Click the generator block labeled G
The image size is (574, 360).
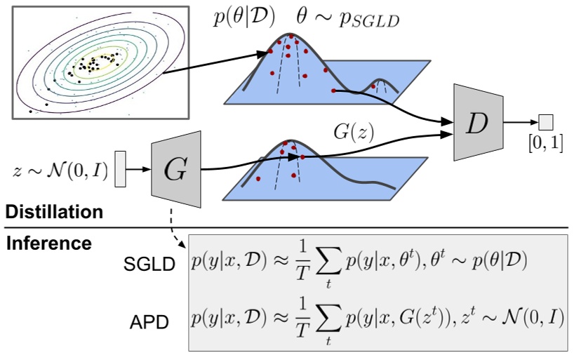coord(171,168)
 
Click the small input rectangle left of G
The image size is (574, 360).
coord(120,169)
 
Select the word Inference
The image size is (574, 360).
coord(49,243)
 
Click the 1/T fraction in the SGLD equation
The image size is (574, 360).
coord(298,263)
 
